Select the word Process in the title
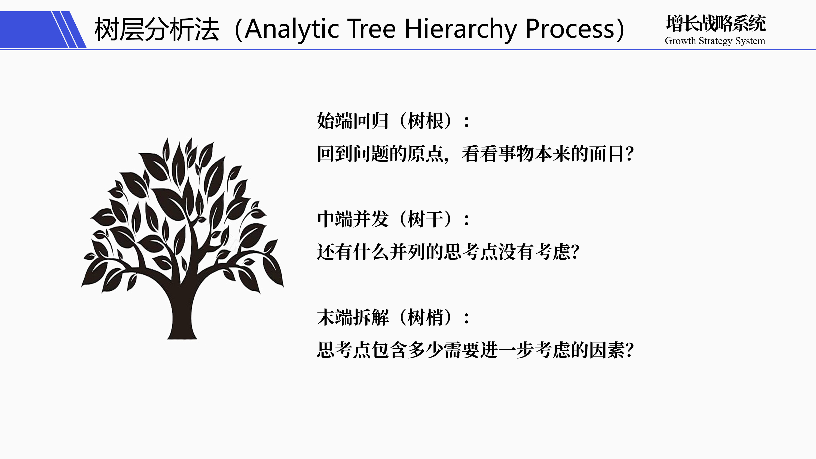570,29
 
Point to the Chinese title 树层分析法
157,29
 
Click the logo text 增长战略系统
716,23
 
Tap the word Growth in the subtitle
680,41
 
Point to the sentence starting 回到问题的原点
475,154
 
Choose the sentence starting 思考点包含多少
475,350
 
